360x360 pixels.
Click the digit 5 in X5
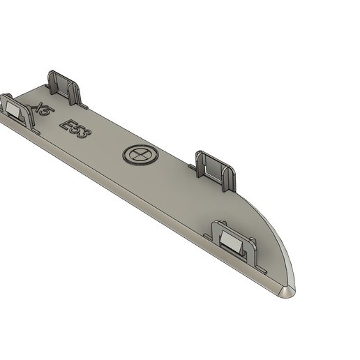coord(49,118)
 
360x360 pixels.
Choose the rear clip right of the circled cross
coord(214,168)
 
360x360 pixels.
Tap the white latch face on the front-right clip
coord(233,240)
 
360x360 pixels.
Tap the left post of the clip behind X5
coord(52,82)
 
